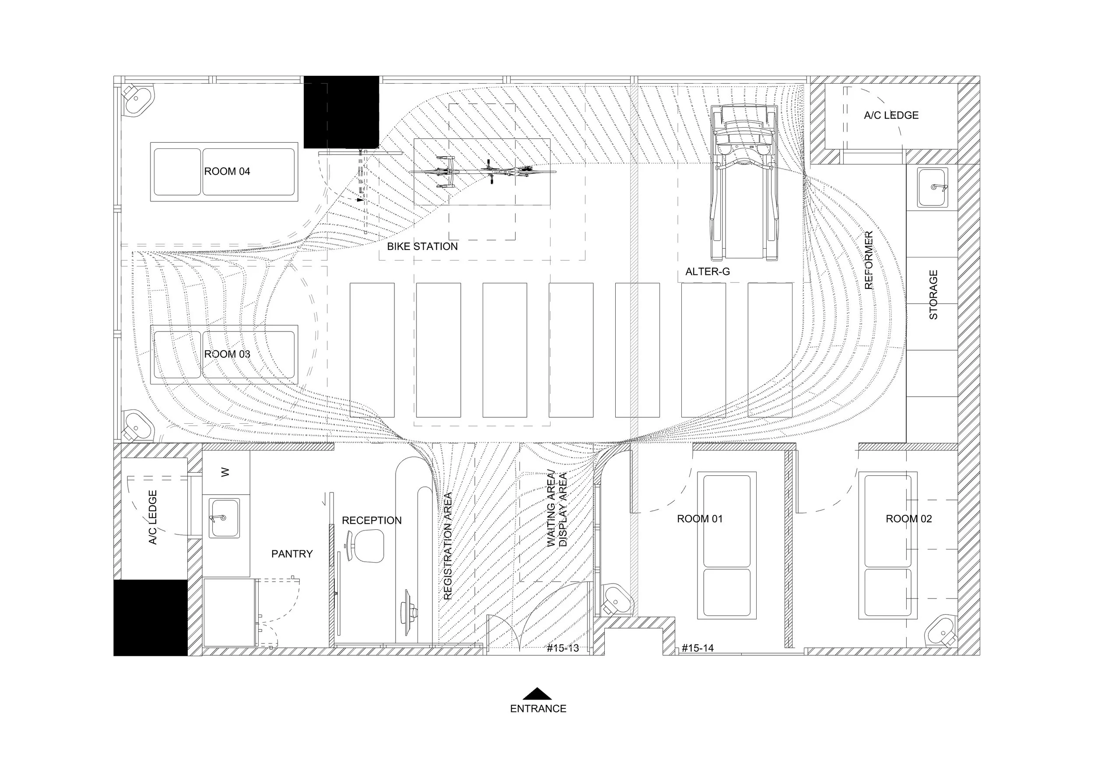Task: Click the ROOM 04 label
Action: click(227, 172)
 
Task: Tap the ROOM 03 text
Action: click(227, 354)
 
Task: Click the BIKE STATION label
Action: click(422, 246)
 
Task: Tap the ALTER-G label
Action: click(707, 272)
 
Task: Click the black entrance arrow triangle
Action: click(537, 693)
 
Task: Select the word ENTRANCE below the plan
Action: click(538, 709)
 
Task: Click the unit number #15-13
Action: click(562, 648)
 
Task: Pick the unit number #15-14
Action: click(698, 648)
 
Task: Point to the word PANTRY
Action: click(291, 554)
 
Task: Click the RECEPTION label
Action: click(372, 521)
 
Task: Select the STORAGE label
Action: click(933, 295)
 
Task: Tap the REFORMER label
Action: click(869, 260)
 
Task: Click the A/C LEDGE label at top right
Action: click(891, 115)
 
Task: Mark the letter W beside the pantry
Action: click(225, 472)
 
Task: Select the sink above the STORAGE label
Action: click(933, 187)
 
